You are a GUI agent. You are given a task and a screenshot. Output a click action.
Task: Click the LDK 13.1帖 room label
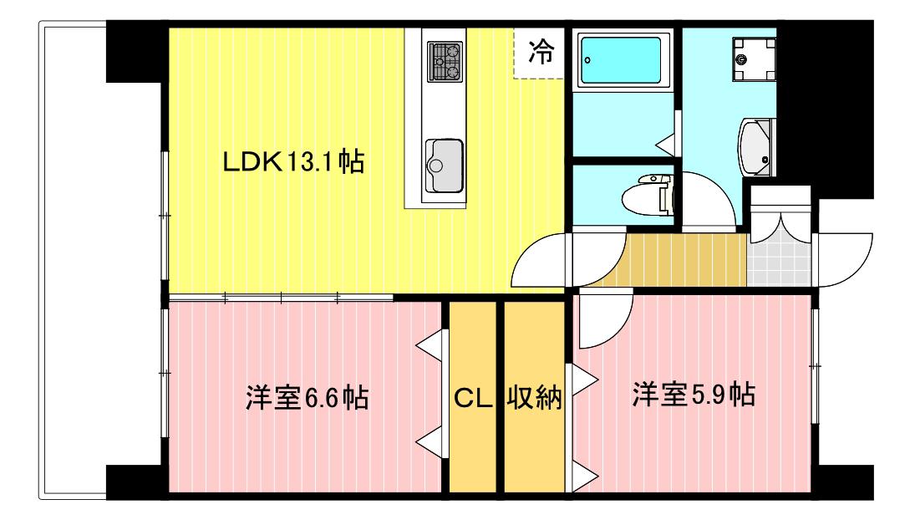[x=293, y=161]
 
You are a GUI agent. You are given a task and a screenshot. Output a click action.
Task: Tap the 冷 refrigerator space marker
[x=541, y=53]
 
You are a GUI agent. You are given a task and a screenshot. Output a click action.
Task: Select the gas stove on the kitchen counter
[x=445, y=61]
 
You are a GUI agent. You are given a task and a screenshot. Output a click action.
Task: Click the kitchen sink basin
[x=444, y=166]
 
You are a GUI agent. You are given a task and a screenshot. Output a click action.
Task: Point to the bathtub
[x=622, y=60]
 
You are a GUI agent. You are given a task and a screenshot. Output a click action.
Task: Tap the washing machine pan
[x=754, y=59]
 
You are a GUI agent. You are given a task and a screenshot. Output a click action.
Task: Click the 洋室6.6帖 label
[x=307, y=397]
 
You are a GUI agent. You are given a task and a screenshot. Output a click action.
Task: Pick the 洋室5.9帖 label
[x=694, y=395]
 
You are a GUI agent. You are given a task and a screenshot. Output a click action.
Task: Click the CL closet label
[x=472, y=399]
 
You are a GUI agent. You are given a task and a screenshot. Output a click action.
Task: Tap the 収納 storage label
[x=534, y=398]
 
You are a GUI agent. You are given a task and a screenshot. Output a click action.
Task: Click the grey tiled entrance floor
[x=779, y=264]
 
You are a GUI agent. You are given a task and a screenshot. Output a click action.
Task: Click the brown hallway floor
[x=677, y=260]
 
